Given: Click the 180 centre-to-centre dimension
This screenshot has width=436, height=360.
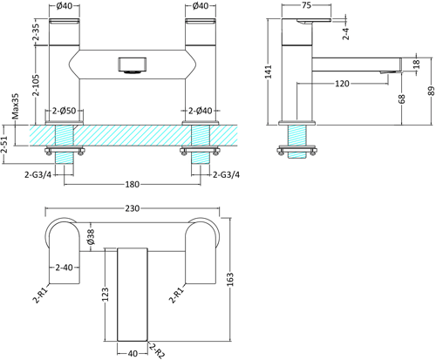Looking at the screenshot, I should (130, 185).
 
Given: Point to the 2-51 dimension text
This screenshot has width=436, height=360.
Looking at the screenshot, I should (8, 140).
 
